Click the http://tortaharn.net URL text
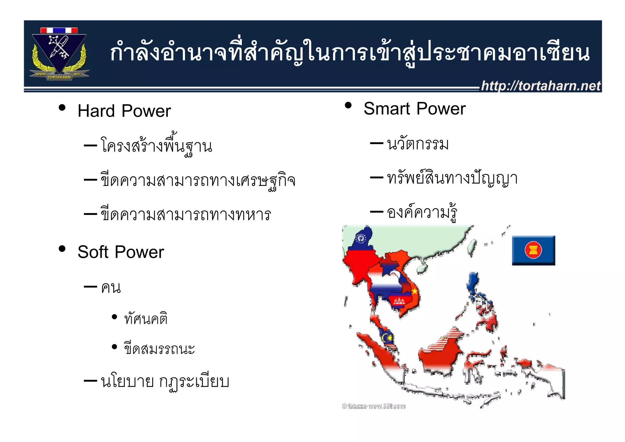coord(540,86)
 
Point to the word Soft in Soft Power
coord(93,252)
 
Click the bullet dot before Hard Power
coord(62,107)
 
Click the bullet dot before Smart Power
coord(348,105)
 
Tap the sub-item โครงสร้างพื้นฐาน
coord(156,146)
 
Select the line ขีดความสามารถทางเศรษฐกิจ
coord(198,180)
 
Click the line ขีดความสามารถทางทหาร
coord(186,215)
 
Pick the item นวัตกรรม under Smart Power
coord(417,144)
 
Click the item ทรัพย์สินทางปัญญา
coord(452,178)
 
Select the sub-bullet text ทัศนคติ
coord(146,319)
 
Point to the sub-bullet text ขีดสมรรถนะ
coord(159,349)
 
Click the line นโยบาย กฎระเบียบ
coord(165,382)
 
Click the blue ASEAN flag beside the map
coord(533,250)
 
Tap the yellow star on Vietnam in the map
coord(415,291)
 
